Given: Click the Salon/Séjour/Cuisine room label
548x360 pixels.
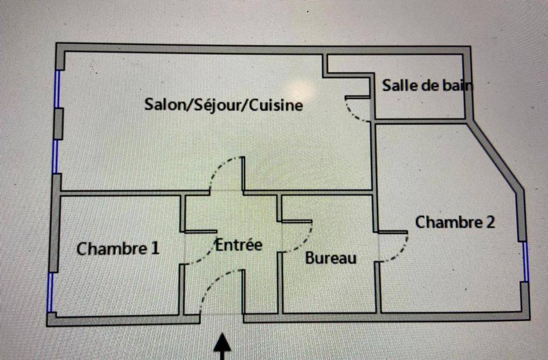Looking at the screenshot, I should (x=224, y=104).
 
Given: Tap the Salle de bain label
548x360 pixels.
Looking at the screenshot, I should (x=426, y=85).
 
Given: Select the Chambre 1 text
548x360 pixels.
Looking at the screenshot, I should (x=118, y=249).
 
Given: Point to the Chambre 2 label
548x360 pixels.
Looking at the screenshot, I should (x=454, y=223).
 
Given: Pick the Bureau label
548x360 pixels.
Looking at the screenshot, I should (x=331, y=258).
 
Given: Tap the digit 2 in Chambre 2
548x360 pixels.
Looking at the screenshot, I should (x=490, y=223).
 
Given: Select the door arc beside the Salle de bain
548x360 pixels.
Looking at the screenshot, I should (x=354, y=115).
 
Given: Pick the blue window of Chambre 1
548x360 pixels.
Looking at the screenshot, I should (x=50, y=292).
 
